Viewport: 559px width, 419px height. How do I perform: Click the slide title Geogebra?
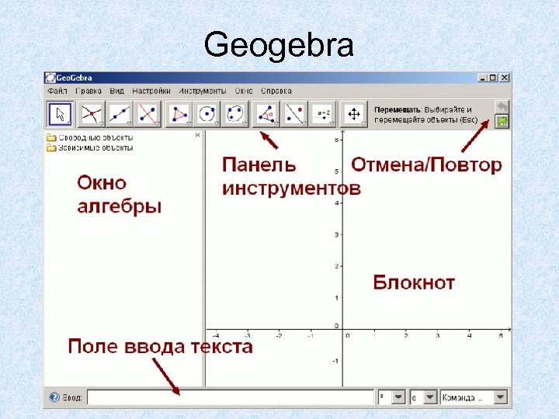point(279,47)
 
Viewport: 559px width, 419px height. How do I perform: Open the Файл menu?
point(57,91)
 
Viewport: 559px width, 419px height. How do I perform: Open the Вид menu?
point(116,91)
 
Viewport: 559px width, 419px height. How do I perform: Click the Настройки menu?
point(151,91)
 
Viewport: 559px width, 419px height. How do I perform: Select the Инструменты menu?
point(203,91)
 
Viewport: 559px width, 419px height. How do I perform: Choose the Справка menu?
point(276,91)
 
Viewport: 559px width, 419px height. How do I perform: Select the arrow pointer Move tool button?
point(60,114)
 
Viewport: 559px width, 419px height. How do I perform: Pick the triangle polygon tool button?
point(180,114)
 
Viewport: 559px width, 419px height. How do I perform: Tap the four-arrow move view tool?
point(353,114)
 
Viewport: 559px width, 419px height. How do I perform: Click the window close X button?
point(505,78)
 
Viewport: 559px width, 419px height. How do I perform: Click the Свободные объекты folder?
point(89,137)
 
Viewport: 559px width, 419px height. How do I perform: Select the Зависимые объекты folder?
point(89,147)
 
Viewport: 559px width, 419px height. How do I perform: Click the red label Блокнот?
point(414,282)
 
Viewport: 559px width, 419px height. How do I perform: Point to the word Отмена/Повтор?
point(426,165)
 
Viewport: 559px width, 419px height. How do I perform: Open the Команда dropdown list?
point(474,397)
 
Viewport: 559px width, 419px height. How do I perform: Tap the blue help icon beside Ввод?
point(54,397)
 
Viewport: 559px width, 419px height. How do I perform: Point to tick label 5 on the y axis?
point(335,171)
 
